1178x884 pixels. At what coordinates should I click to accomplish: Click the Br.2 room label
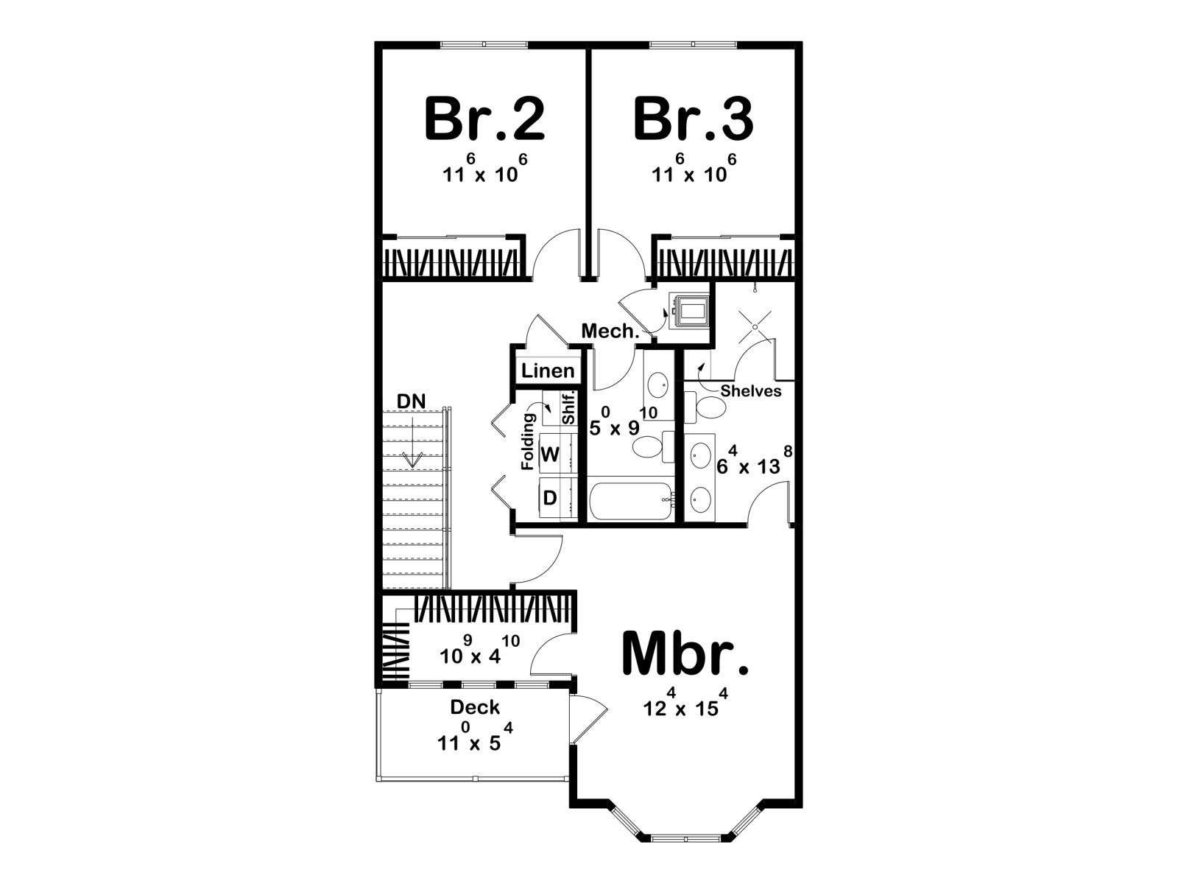click(484, 119)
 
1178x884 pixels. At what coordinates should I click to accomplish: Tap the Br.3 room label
click(694, 119)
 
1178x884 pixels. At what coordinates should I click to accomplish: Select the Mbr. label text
click(685, 653)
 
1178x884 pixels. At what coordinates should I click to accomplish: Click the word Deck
click(475, 707)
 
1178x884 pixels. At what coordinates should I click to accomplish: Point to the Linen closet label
click(548, 371)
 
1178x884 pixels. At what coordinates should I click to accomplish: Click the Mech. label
click(610, 331)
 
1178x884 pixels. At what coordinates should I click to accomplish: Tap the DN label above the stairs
click(411, 401)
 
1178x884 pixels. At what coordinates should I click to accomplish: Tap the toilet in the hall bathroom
click(654, 446)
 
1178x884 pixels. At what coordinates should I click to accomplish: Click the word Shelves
click(751, 390)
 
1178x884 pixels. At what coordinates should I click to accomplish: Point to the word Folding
click(528, 442)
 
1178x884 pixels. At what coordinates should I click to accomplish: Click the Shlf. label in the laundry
click(569, 408)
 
